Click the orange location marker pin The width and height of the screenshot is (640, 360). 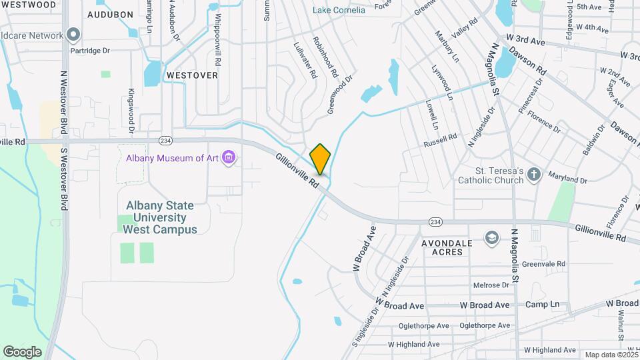click(x=321, y=159)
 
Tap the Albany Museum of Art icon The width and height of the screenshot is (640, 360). click(x=229, y=158)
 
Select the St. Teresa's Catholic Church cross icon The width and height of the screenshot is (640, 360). click(x=533, y=175)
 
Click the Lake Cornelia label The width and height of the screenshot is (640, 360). click(x=339, y=10)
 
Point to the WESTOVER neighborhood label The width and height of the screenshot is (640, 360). click(x=192, y=75)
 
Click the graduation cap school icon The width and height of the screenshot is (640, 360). click(x=491, y=238)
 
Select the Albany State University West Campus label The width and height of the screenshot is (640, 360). click(x=160, y=217)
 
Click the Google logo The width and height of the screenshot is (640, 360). click(x=22, y=351)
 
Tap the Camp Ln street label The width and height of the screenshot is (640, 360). click(x=542, y=305)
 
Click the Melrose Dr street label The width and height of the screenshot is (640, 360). click(x=491, y=285)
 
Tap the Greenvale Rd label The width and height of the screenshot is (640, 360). click(x=543, y=264)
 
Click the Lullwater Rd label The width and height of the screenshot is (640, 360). click(x=304, y=61)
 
